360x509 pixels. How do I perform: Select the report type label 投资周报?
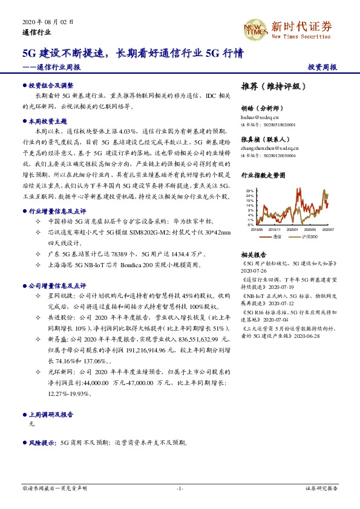coord(322,66)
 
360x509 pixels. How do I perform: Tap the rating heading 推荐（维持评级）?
coord(270,86)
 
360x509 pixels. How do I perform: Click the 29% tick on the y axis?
coord(250,191)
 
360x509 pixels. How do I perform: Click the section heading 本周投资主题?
coord(48,122)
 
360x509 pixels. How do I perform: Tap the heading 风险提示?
coord(43,443)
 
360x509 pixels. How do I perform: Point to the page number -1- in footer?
coord(180,488)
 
